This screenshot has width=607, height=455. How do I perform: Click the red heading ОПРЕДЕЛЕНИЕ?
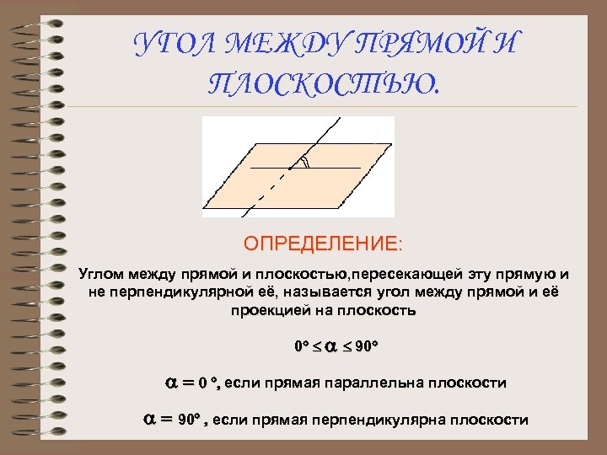[x=324, y=244]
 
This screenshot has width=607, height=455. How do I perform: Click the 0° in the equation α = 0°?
[x=208, y=383]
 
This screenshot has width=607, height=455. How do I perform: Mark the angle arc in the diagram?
[x=305, y=163]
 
